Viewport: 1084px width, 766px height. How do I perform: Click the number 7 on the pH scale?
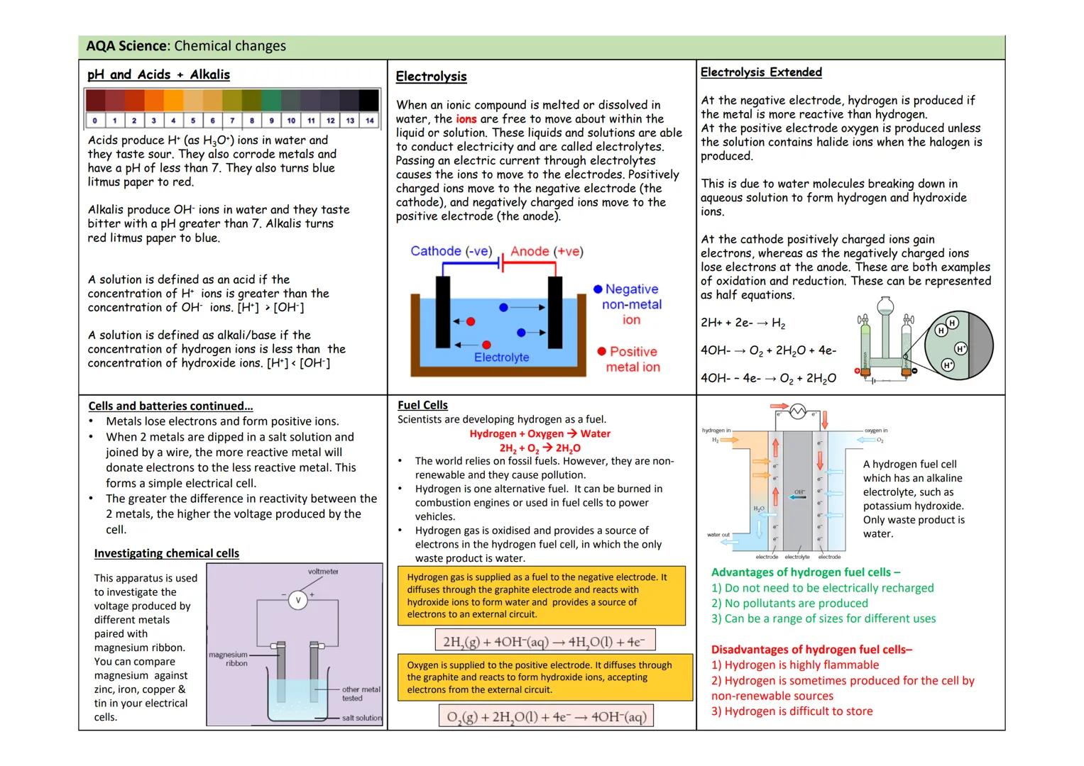(232, 121)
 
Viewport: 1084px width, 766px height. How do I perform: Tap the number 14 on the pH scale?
(369, 121)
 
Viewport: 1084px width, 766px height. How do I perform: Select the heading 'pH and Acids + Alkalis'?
(158, 74)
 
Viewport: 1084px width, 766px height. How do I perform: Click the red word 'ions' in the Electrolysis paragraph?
(466, 119)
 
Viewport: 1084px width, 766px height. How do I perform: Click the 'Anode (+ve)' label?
(546, 251)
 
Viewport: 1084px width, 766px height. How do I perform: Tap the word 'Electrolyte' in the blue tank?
(501, 357)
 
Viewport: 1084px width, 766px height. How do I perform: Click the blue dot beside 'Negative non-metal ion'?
(598, 289)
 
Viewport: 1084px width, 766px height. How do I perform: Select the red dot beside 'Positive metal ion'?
(602, 352)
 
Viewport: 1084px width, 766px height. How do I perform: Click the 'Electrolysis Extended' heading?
(761, 72)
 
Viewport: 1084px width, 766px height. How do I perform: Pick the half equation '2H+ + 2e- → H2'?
(743, 323)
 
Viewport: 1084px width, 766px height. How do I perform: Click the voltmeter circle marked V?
(298, 600)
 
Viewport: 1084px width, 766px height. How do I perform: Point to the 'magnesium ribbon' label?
(228, 659)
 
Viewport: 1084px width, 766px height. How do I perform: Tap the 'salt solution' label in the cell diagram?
(361, 718)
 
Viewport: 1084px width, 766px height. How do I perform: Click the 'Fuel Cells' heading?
(422, 405)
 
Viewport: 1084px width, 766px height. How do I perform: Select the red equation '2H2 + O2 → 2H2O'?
(540, 448)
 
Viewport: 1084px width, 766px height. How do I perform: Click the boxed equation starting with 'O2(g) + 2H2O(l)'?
(545, 716)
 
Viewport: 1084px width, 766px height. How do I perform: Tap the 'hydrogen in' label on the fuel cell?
(716, 431)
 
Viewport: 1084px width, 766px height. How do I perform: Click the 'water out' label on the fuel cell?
(718, 535)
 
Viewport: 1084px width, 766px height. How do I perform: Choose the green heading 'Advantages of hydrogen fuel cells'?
(805, 572)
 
